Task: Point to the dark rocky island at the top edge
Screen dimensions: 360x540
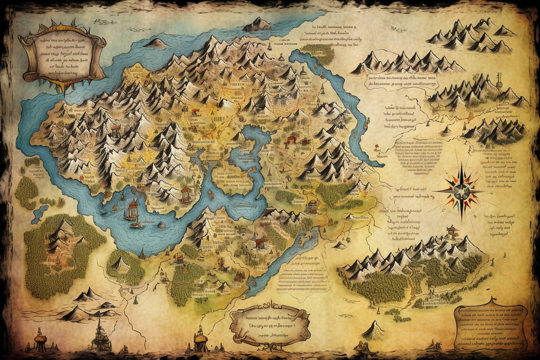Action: coord(257,24)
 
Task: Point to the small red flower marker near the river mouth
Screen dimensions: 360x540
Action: coord(377,146)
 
